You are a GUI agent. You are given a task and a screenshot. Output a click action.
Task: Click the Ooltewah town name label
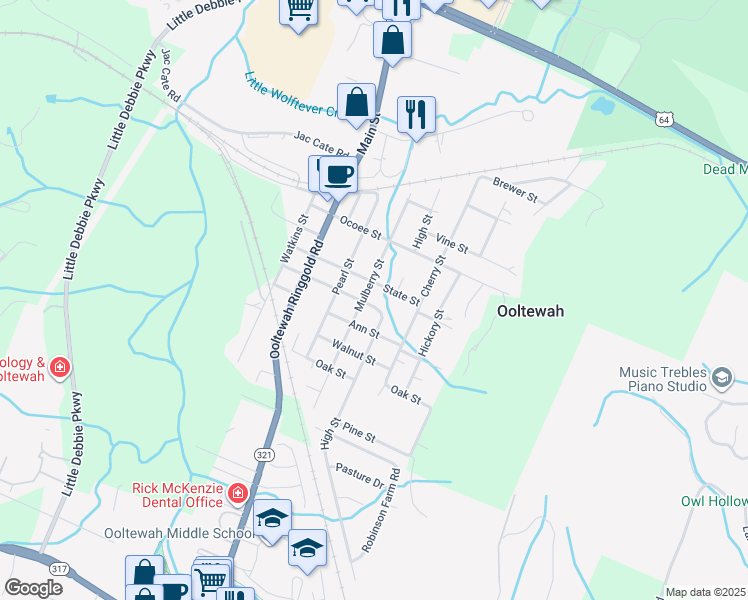pyautogui.click(x=530, y=311)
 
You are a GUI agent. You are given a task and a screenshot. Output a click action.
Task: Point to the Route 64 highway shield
pyautogui.click(x=664, y=119)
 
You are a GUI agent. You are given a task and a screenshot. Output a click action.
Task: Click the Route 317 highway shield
pyautogui.click(x=60, y=568)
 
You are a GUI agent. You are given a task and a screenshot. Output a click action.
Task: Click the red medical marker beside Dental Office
pyautogui.click(x=238, y=492)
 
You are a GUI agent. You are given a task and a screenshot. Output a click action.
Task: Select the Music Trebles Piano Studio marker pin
pyautogui.click(x=722, y=376)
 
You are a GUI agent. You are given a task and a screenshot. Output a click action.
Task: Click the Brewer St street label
pyautogui.click(x=515, y=189)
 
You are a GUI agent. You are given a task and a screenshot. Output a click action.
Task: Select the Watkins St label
pyautogui.click(x=291, y=239)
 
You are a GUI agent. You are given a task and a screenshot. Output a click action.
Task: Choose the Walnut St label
pyautogui.click(x=355, y=353)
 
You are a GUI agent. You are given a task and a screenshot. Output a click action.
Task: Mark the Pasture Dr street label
pyautogui.click(x=360, y=475)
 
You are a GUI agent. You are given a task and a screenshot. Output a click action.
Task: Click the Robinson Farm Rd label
pyautogui.click(x=381, y=510)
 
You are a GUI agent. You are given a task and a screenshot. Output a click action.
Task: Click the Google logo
pyautogui.click(x=33, y=587)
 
